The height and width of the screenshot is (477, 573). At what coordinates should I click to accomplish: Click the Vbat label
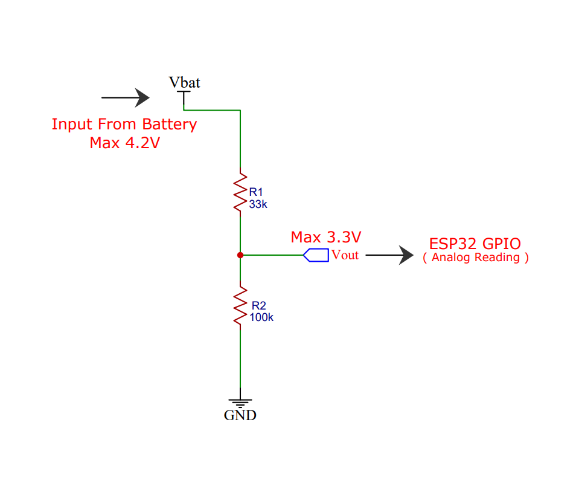(184, 82)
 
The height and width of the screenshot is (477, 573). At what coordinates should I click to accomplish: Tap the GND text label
(240, 415)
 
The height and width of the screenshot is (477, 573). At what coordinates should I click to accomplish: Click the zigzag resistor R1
(240, 192)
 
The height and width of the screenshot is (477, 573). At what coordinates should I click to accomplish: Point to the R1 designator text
(256, 192)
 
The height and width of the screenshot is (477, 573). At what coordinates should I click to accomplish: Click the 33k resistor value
(258, 204)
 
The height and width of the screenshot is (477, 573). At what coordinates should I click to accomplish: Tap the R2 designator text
(258, 305)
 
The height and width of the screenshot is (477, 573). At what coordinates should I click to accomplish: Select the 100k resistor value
(261, 317)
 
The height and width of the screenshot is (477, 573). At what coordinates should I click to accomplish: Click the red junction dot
(240, 255)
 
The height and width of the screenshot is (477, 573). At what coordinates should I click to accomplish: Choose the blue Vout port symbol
(316, 255)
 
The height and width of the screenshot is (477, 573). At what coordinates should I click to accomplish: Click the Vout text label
(345, 255)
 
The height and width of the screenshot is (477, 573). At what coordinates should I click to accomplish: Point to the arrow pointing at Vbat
(126, 97)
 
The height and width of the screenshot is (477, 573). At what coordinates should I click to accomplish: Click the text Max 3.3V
(326, 236)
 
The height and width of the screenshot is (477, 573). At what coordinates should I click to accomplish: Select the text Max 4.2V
(124, 143)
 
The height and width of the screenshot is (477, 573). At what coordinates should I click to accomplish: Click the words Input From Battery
(124, 125)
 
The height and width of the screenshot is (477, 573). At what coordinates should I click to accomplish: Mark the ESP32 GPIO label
(475, 244)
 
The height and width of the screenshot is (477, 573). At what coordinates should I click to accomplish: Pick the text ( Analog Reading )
(476, 258)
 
